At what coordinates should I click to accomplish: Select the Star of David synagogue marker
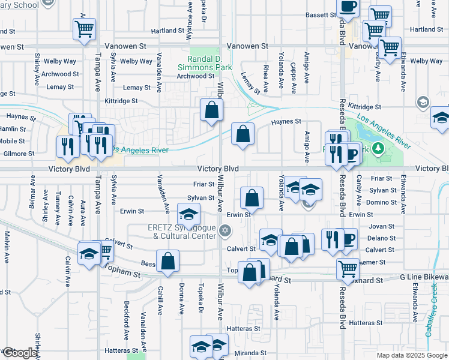[x=226, y=230]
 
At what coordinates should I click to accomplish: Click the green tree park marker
[x=379, y=148]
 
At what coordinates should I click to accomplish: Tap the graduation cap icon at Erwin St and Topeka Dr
[x=188, y=214]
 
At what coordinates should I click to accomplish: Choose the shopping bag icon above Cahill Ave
[x=167, y=261]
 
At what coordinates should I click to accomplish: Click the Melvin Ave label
[x=7, y=246]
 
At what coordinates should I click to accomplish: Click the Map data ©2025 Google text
[x=412, y=355]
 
